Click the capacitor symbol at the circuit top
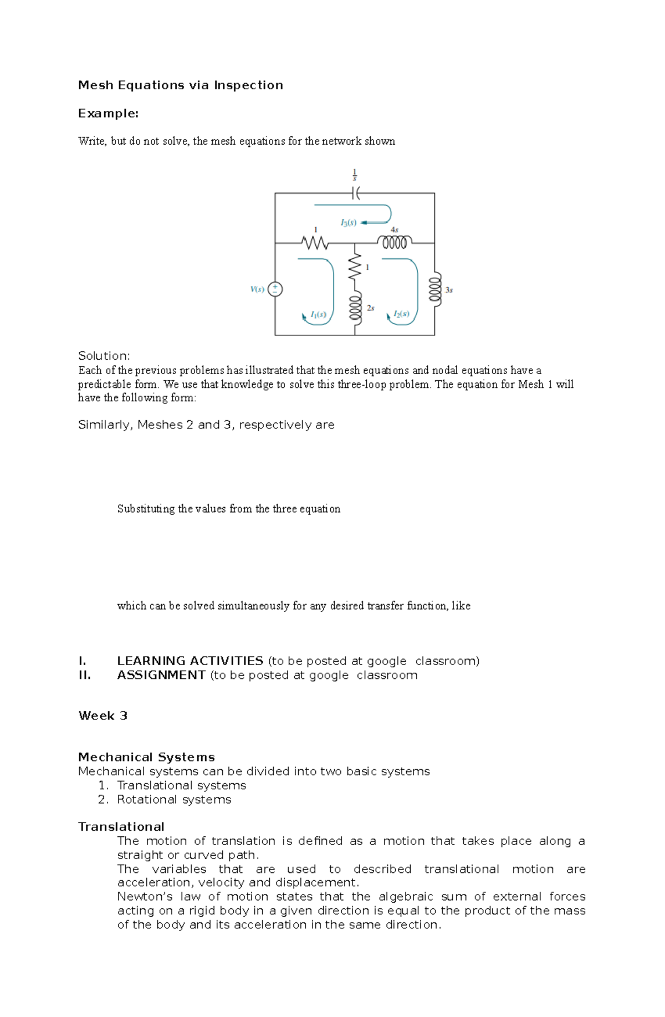point(355,193)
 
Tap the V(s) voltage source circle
point(275,289)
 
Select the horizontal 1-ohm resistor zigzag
point(315,243)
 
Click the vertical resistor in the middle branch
point(355,267)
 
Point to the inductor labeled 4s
point(395,242)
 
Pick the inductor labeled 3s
point(435,288)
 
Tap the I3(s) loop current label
point(348,223)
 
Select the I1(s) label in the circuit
point(318,314)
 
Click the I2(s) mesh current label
point(401,314)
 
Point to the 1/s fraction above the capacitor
point(355,175)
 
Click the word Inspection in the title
point(248,85)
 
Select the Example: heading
point(108,114)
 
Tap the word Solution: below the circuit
point(104,356)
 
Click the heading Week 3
point(103,716)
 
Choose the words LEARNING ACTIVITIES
point(190,661)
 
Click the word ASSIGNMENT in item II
point(161,675)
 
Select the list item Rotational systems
point(173,799)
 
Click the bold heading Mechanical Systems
point(146,757)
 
